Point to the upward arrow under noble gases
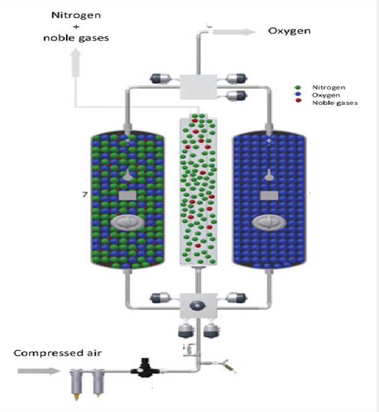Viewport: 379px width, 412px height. tap(77, 62)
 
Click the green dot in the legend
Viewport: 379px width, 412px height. tap(298, 88)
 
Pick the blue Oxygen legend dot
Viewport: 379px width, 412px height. tap(298, 95)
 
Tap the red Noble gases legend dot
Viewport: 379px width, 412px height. tap(298, 102)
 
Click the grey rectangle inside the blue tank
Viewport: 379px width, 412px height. tap(269, 196)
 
